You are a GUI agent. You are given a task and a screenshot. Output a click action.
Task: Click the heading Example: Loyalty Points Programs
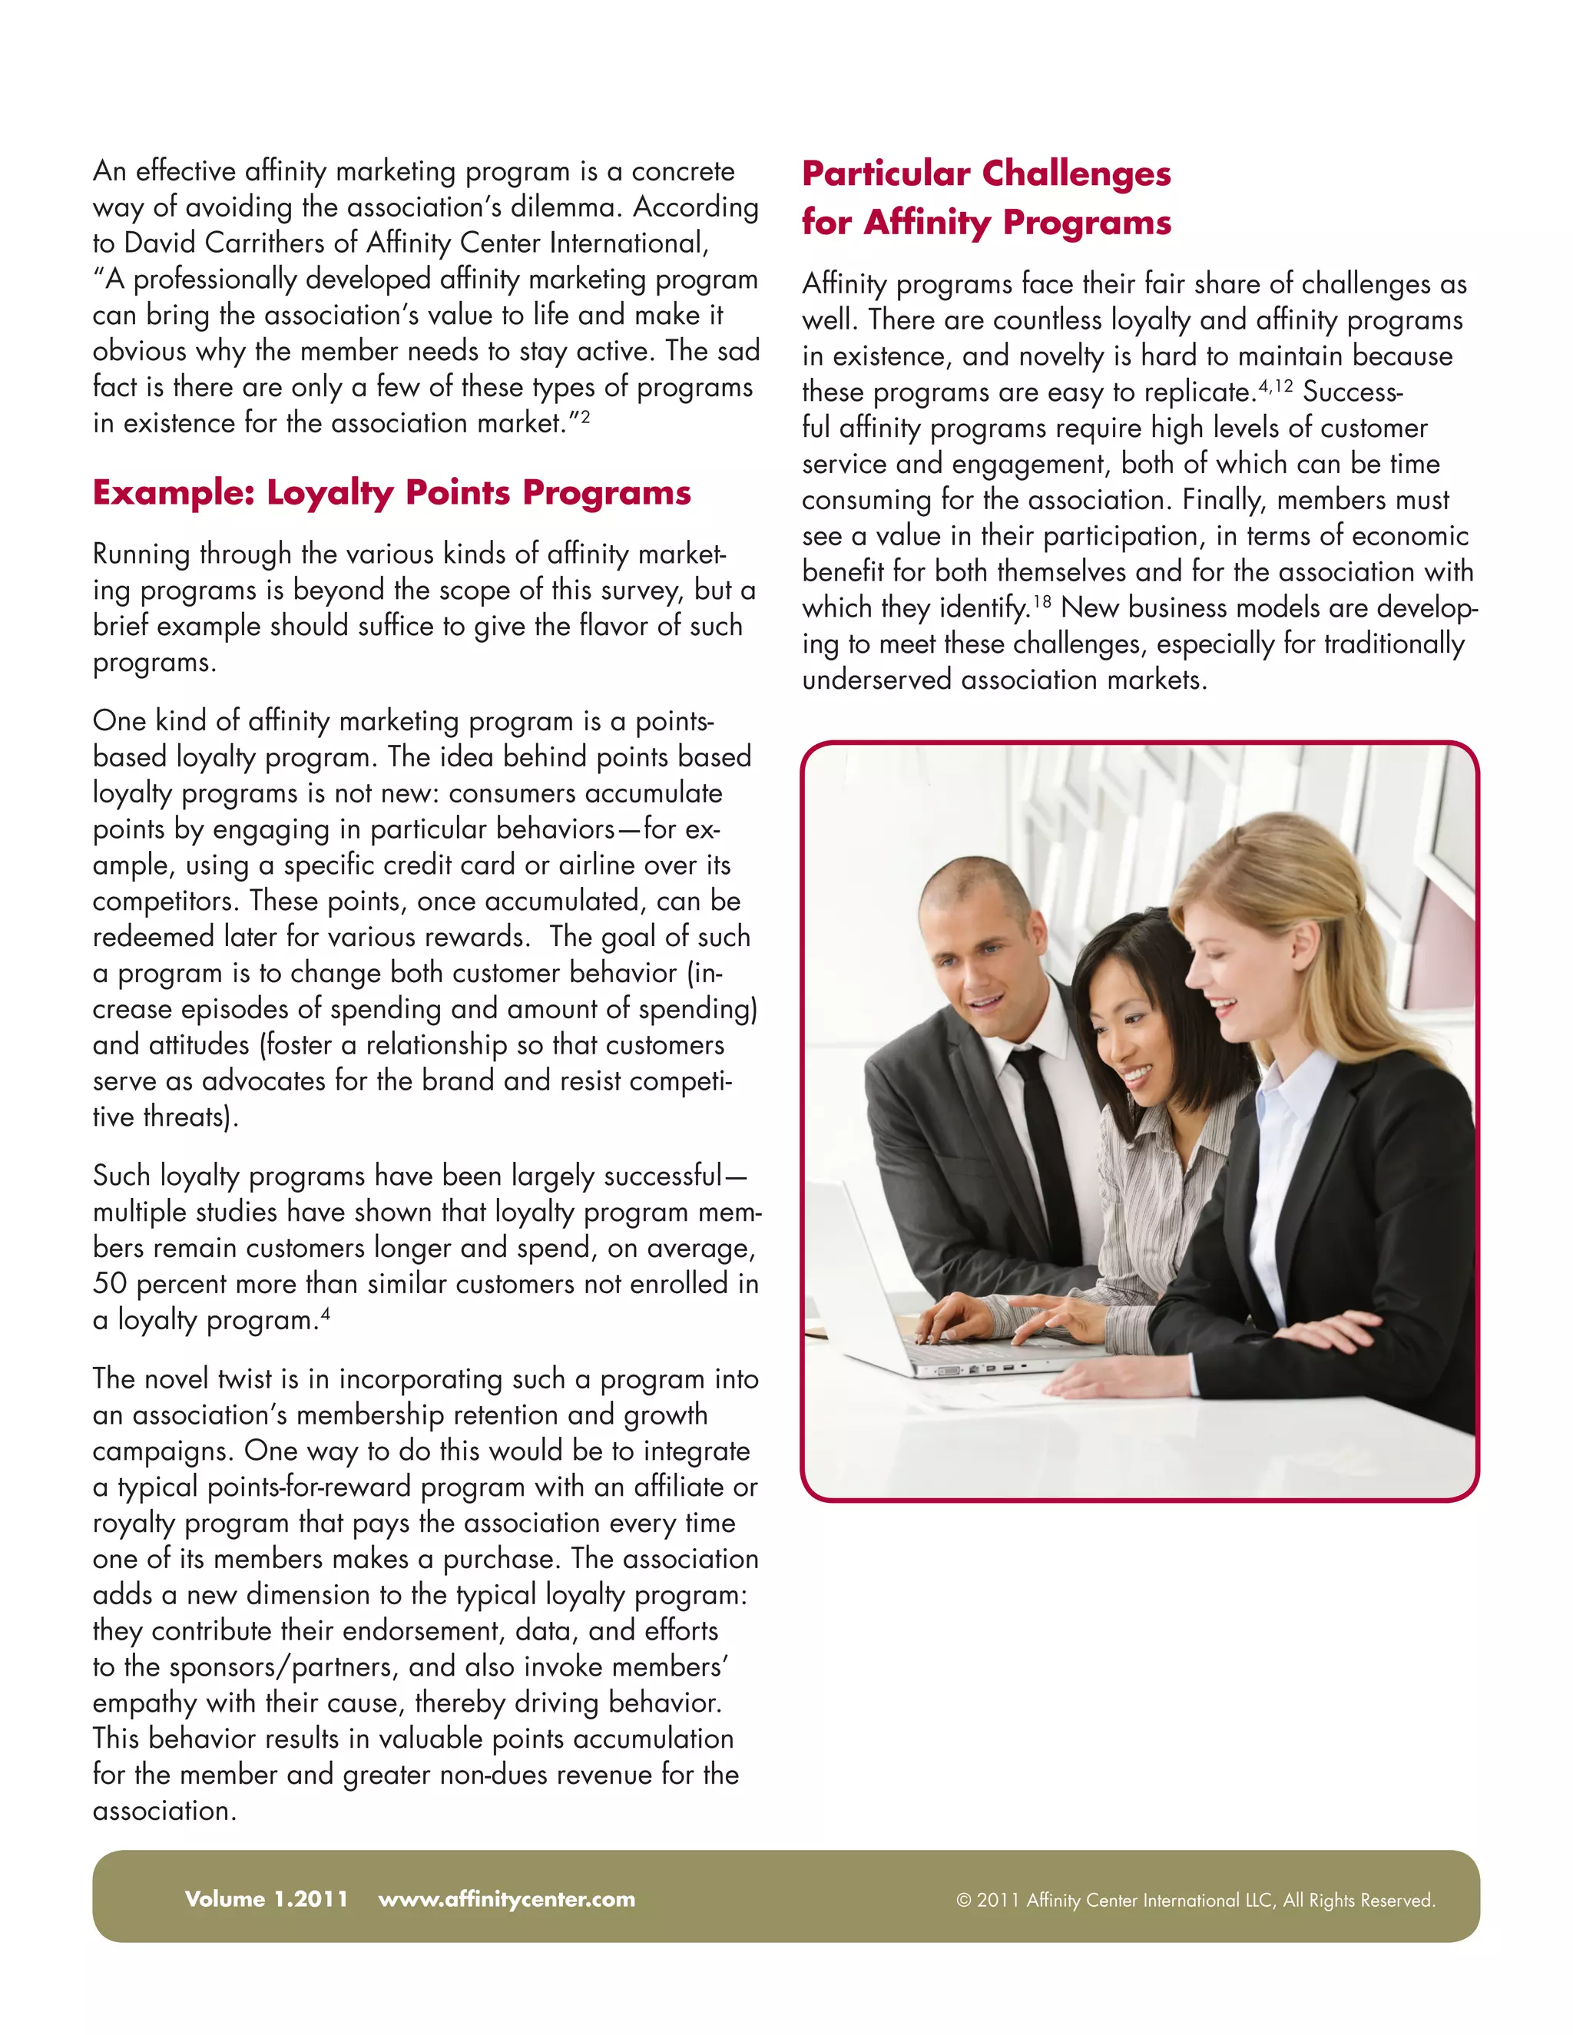(392, 493)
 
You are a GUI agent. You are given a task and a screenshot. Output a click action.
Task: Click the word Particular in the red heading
(886, 174)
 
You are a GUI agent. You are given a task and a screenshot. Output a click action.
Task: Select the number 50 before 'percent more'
(109, 1284)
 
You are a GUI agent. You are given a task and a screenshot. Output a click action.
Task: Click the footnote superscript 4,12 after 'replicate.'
(1275, 385)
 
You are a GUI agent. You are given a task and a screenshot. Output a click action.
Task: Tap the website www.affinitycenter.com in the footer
(506, 1899)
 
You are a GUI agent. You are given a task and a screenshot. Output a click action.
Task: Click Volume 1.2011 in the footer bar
(267, 1899)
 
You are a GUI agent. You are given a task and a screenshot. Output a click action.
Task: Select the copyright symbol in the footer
(964, 1901)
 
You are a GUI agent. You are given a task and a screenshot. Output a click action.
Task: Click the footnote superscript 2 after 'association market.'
(584, 416)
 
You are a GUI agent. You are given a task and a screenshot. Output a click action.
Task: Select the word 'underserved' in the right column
(877, 680)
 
